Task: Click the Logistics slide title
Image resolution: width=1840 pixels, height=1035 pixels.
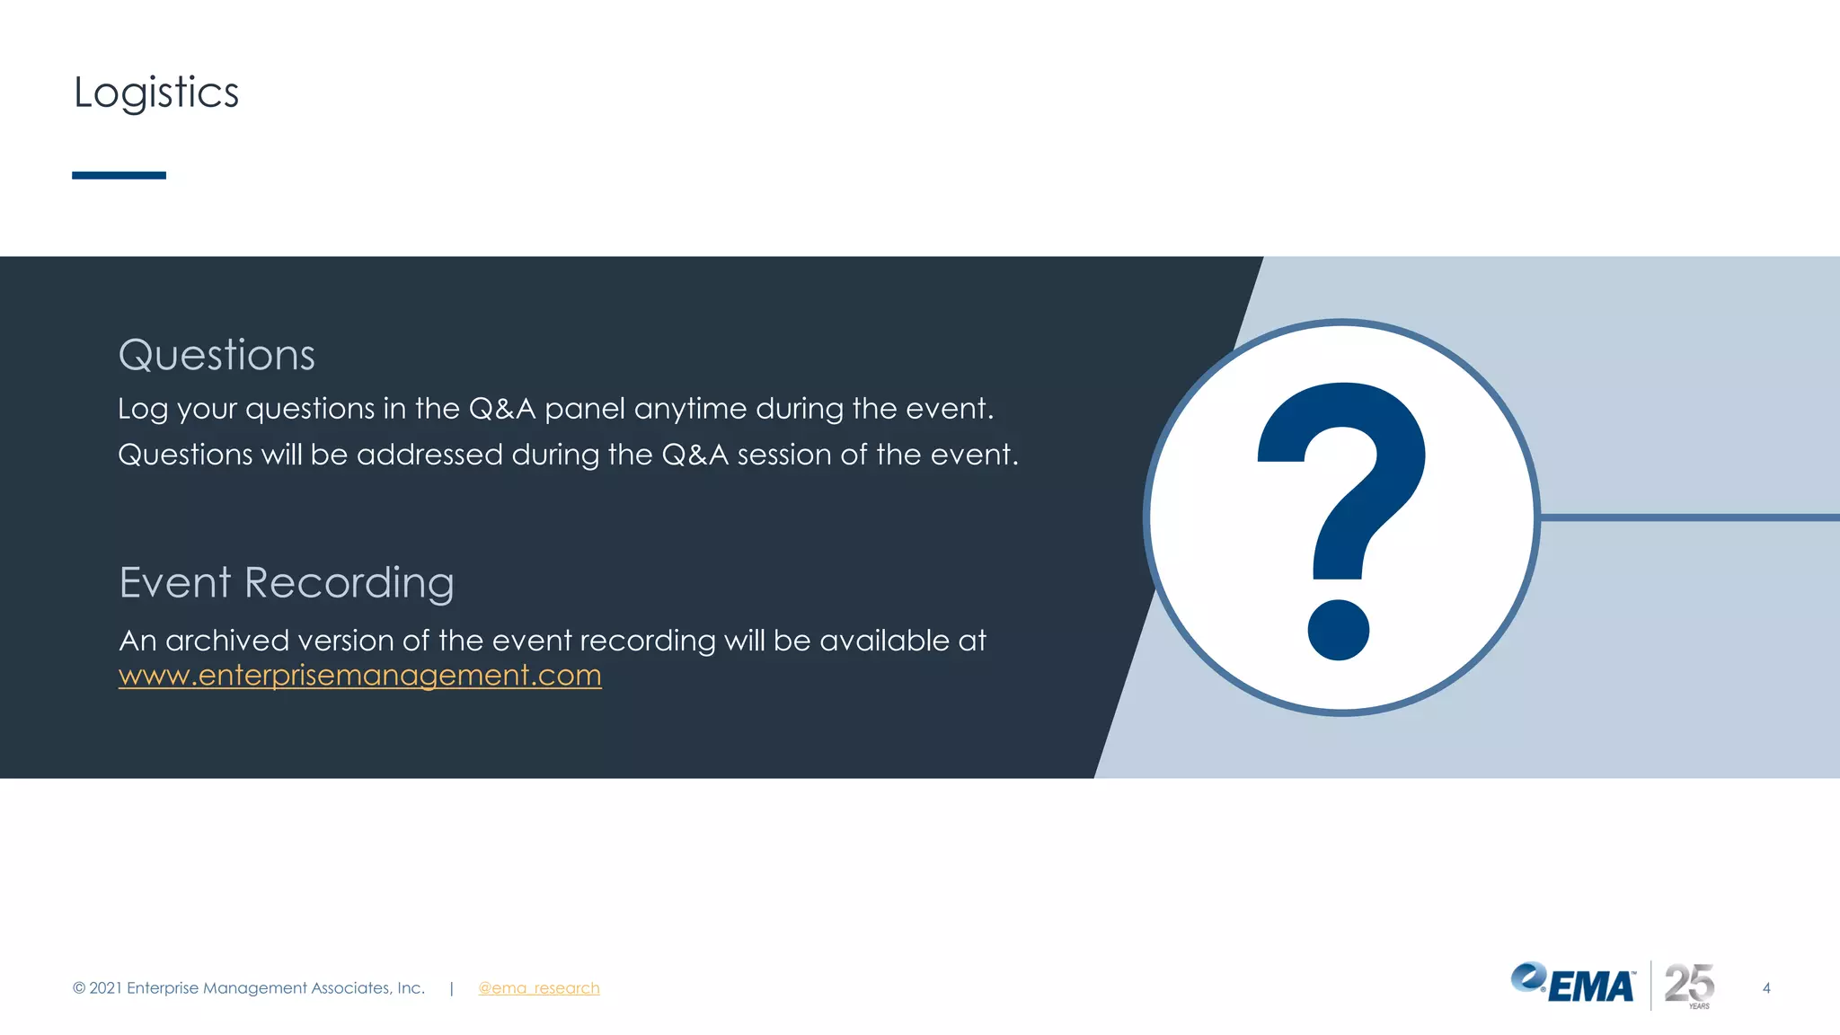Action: point(156,93)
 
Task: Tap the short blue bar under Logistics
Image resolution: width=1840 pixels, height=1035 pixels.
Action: point(119,175)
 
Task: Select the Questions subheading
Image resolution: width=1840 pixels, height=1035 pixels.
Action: point(217,355)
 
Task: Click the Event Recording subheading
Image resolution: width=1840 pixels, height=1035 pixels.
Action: point(287,582)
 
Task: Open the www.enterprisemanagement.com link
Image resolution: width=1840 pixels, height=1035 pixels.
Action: point(359,676)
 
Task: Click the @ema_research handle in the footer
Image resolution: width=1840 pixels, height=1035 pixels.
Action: point(538,988)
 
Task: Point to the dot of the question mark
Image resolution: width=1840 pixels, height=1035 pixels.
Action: point(1338,630)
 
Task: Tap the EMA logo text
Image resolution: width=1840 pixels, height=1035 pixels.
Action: point(1590,987)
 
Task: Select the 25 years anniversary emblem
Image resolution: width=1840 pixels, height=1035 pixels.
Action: point(1689,986)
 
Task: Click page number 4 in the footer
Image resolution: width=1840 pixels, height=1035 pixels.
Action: point(1766,988)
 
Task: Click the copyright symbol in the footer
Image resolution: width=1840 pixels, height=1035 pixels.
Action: point(79,988)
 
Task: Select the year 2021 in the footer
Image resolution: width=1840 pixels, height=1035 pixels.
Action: point(105,988)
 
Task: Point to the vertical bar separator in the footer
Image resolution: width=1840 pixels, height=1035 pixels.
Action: point(451,988)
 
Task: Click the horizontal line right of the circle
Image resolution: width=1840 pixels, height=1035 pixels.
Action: point(1689,517)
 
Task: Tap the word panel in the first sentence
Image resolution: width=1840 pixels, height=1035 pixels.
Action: point(584,410)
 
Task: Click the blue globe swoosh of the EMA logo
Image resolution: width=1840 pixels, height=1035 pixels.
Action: point(1527,977)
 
